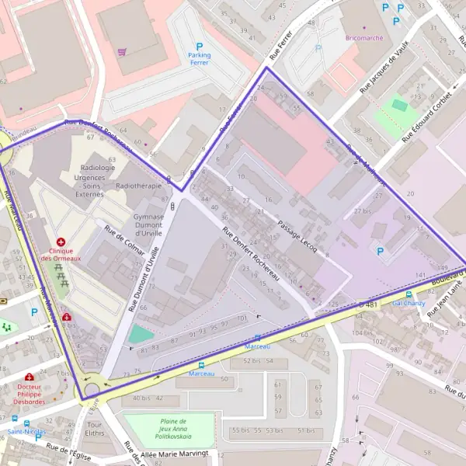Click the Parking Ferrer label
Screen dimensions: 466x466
click(x=199, y=58)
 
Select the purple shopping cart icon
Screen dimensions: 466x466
click(x=122, y=53)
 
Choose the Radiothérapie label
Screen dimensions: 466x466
click(x=138, y=186)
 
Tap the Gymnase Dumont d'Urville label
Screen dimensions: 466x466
click(x=148, y=224)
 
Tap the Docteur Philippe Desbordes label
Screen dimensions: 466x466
click(x=28, y=395)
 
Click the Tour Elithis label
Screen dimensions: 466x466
click(x=96, y=430)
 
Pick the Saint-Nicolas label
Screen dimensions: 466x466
click(x=26, y=431)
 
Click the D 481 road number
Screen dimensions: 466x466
click(x=369, y=304)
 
